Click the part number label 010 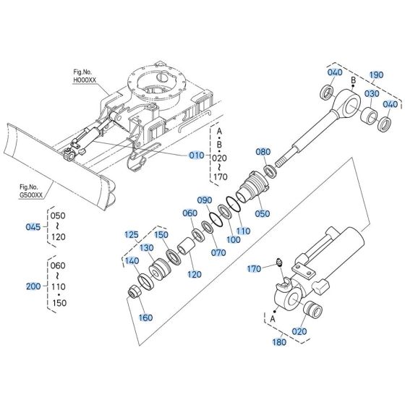coord(197,155)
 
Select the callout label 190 coord(377,74)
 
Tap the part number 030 coord(371,95)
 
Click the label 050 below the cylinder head coord(263,213)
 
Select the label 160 coord(146,317)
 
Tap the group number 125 coord(131,234)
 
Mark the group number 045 coord(33,226)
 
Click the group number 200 coord(33,286)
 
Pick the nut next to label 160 coord(135,294)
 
